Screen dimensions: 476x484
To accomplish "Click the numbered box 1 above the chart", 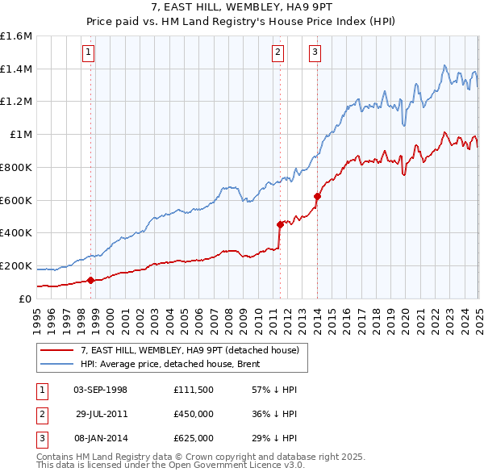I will click(87, 52).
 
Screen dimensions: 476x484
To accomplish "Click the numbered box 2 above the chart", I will click(277, 52).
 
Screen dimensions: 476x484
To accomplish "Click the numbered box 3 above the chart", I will click(314, 52).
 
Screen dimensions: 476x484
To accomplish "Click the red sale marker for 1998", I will click(90, 280).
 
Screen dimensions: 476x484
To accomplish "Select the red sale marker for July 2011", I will click(280, 224).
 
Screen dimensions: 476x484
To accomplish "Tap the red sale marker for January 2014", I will click(317, 195).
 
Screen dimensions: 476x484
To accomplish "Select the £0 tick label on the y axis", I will click(24, 299).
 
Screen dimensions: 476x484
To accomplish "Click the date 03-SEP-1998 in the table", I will click(100, 390).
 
